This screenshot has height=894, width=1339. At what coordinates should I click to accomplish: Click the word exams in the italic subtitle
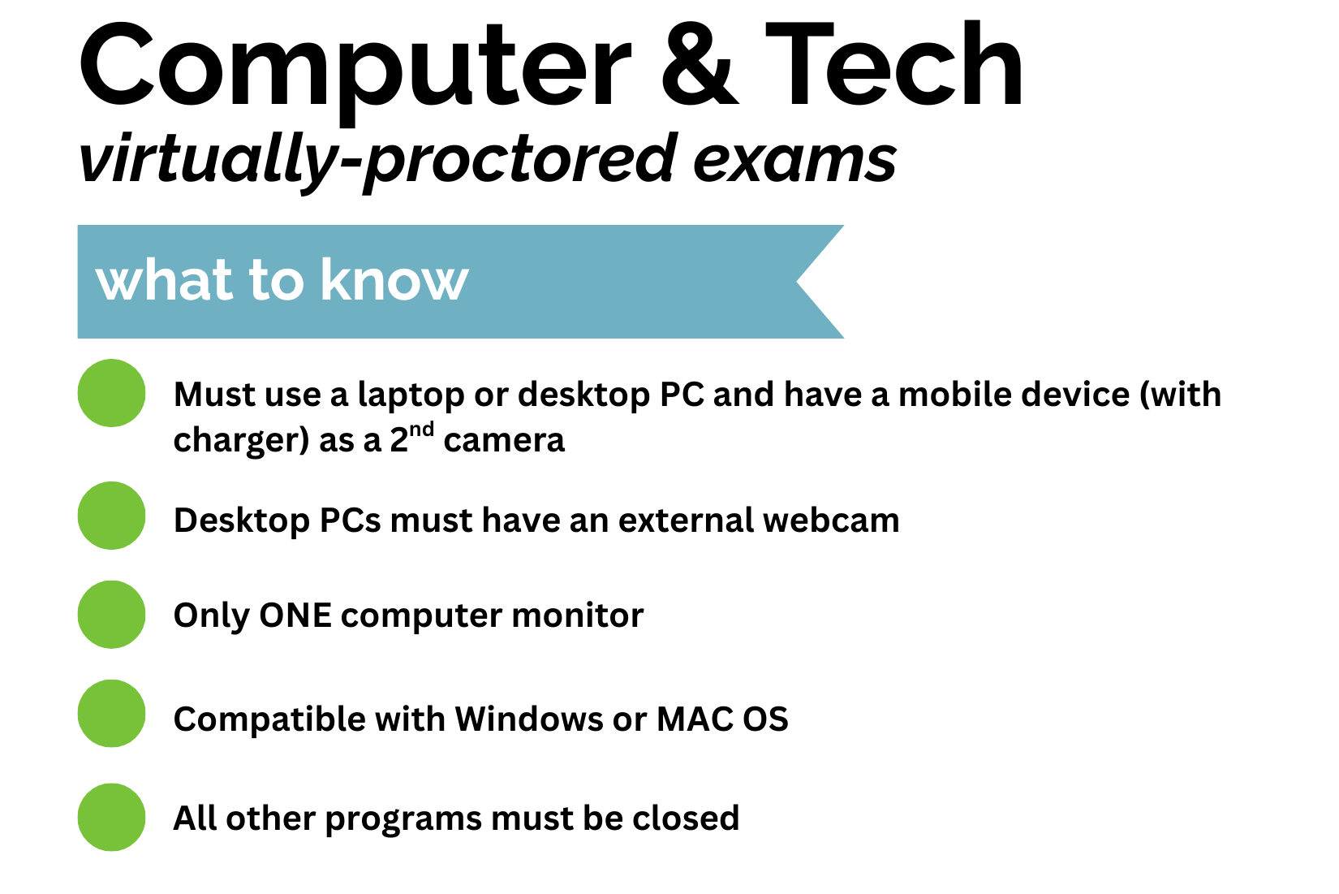pyautogui.click(x=794, y=159)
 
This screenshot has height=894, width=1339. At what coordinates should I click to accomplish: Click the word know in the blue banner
pyautogui.click(x=394, y=280)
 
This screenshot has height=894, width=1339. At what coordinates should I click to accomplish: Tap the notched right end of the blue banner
pyautogui.click(x=820, y=282)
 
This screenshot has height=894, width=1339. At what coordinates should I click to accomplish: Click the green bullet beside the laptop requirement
pyautogui.click(x=112, y=393)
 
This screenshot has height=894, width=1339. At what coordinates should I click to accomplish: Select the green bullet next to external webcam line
pyautogui.click(x=112, y=516)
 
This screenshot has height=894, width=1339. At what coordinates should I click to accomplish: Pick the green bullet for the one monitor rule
pyautogui.click(x=112, y=615)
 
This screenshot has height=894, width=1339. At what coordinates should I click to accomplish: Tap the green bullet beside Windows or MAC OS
pyautogui.click(x=112, y=714)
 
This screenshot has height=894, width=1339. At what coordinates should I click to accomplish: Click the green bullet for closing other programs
pyautogui.click(x=112, y=817)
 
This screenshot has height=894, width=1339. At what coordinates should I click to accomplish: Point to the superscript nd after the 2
pyautogui.click(x=421, y=430)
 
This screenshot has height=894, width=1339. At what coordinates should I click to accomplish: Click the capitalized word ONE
pyautogui.click(x=295, y=615)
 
